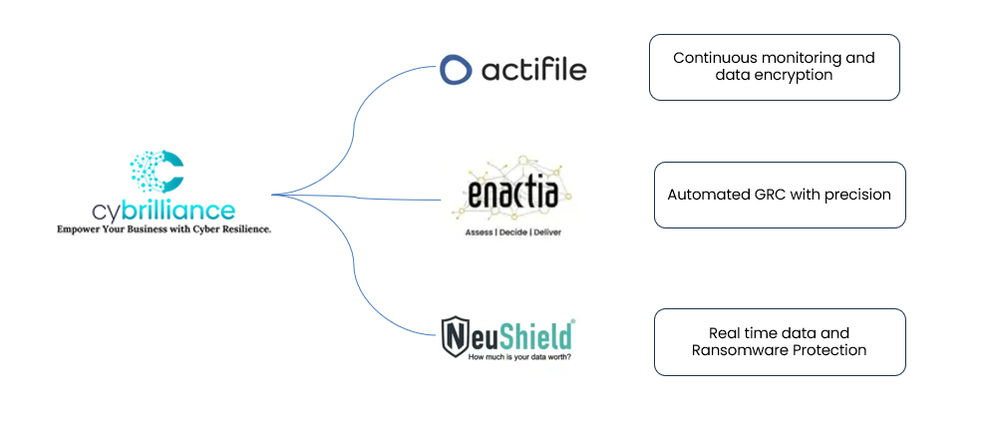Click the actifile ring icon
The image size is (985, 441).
tap(456, 70)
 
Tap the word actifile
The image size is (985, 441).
tap(533, 70)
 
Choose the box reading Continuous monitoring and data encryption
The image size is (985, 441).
tap(774, 67)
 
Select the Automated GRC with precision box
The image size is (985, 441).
tap(779, 195)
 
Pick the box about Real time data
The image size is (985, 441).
tap(779, 341)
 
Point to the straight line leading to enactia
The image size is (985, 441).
tap(359, 197)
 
